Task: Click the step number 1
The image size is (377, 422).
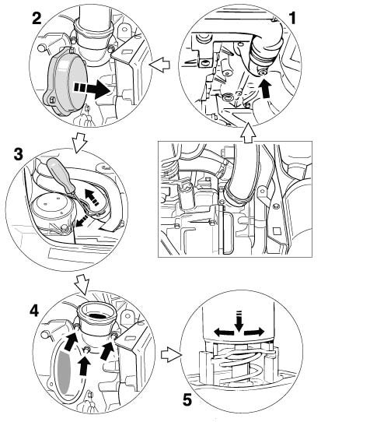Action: pyautogui.click(x=292, y=18)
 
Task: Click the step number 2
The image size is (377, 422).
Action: pyautogui.click(x=37, y=18)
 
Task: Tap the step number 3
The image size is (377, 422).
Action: pyautogui.click(x=18, y=154)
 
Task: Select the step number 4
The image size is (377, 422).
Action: pyautogui.click(x=34, y=311)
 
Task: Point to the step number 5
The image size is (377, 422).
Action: pyautogui.click(x=187, y=399)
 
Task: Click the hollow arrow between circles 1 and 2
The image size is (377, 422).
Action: pyautogui.click(x=159, y=65)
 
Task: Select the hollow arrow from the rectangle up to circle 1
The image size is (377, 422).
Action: pyautogui.click(x=248, y=132)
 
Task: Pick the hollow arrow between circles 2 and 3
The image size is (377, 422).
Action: pyautogui.click(x=79, y=142)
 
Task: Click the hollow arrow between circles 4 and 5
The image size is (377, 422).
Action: pyautogui.click(x=171, y=354)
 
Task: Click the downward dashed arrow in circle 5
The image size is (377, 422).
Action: pyautogui.click(x=239, y=321)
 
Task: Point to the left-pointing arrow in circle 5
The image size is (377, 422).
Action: pyautogui.click(x=224, y=332)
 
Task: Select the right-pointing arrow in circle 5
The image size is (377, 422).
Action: pyautogui.click(x=254, y=332)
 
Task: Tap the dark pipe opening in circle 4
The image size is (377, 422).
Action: pyautogui.click(x=98, y=315)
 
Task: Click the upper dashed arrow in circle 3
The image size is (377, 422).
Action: pyautogui.click(x=92, y=197)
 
